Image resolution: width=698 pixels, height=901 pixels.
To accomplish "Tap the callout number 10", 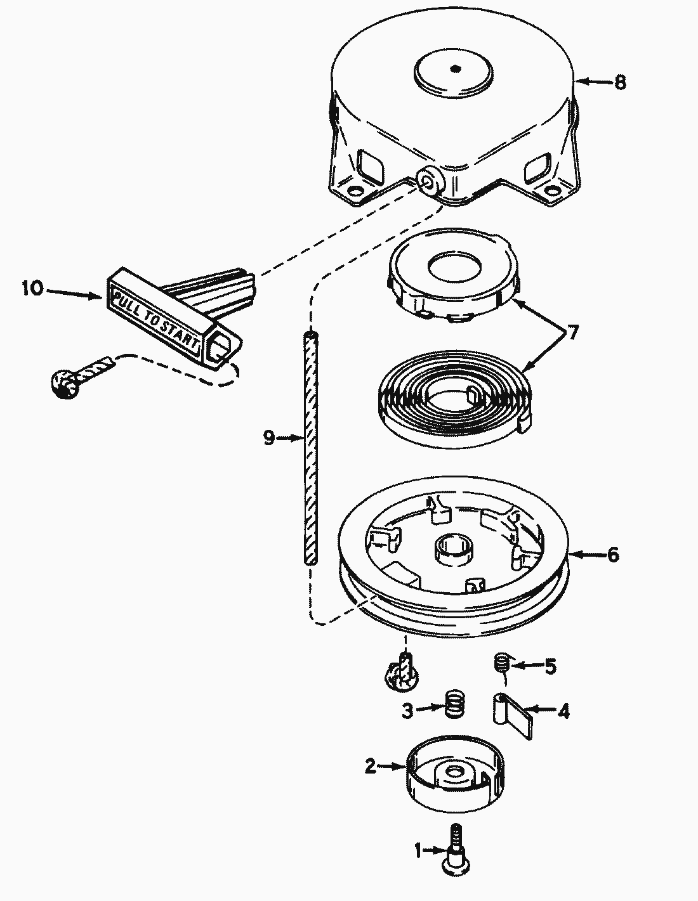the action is click(33, 288).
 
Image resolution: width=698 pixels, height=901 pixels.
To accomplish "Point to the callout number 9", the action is click(269, 438).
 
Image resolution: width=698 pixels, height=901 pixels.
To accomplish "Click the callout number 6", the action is click(613, 555).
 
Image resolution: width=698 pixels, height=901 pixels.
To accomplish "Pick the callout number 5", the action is click(550, 667).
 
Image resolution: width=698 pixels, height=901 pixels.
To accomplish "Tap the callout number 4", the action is click(563, 711).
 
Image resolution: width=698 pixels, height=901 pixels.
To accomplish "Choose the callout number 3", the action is click(407, 711).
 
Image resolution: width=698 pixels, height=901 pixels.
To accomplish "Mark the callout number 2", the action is click(371, 766).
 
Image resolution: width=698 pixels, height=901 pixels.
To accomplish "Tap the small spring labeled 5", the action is click(502, 662).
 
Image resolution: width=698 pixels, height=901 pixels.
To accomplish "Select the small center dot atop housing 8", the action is click(455, 69).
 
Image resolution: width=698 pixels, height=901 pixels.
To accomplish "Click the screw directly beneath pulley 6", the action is click(400, 671).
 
